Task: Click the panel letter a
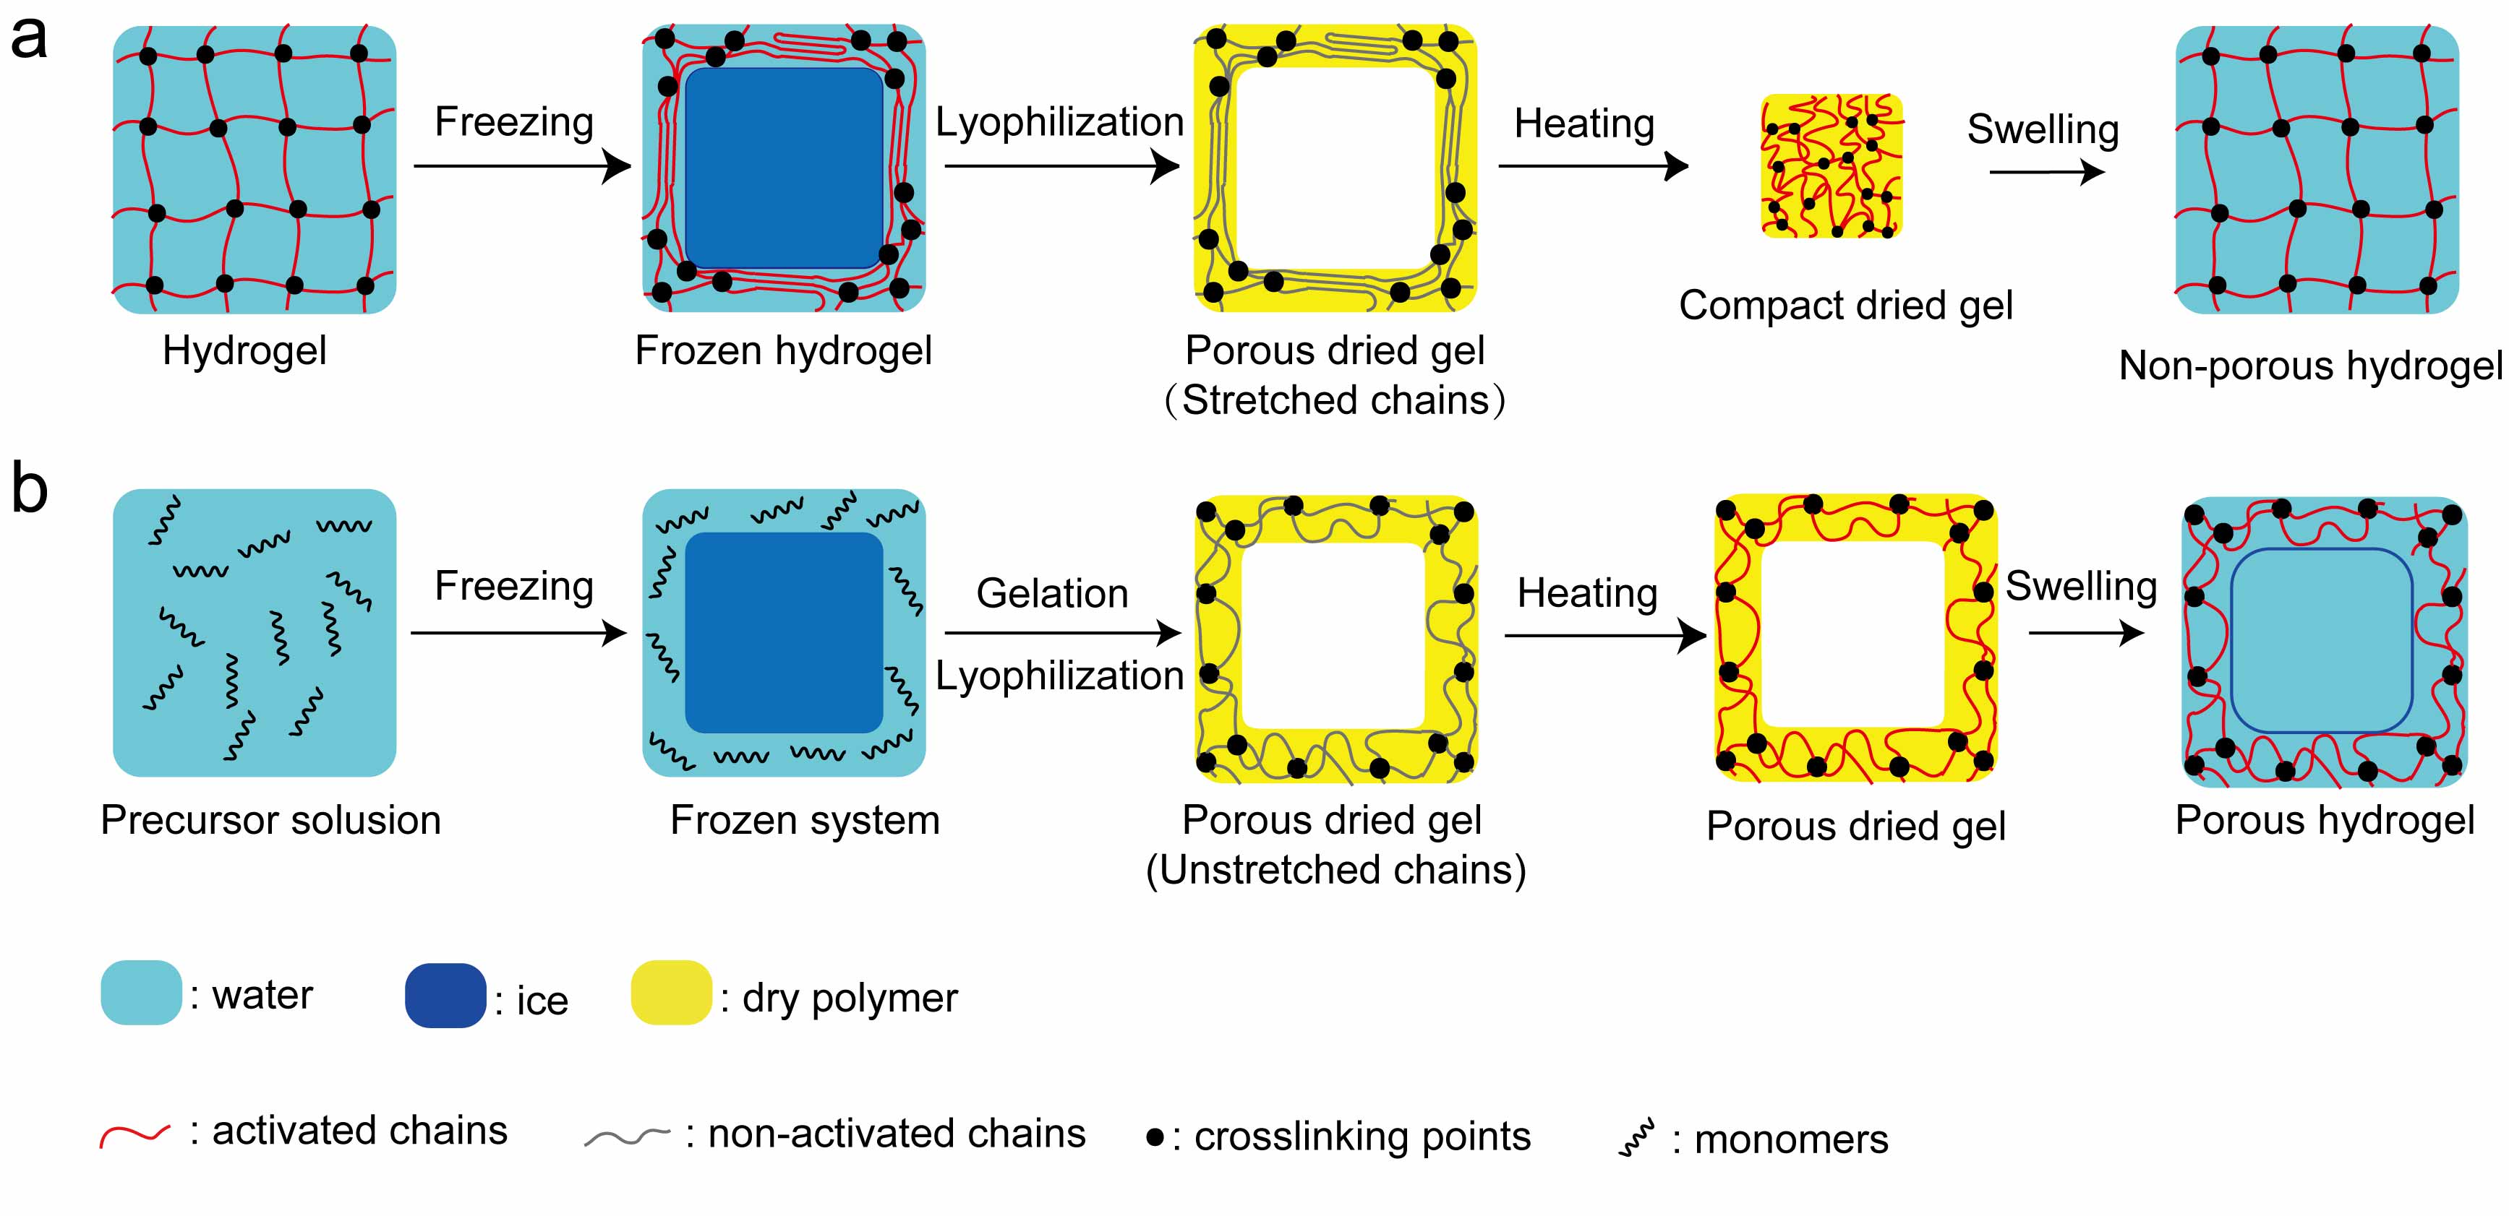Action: (x=29, y=41)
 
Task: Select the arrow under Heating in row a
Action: (x=1594, y=166)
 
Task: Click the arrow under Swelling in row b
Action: (x=2085, y=634)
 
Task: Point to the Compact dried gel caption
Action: (x=1846, y=306)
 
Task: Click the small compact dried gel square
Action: (x=1831, y=165)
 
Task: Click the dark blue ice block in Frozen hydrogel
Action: (x=784, y=168)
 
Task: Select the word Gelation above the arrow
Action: (x=1052, y=593)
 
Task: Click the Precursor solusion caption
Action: (x=270, y=821)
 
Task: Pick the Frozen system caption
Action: (x=805, y=821)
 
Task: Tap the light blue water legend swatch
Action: (x=141, y=992)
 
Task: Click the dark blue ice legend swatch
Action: (x=445, y=995)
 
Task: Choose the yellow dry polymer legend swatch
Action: (x=671, y=992)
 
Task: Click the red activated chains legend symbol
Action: (x=134, y=1135)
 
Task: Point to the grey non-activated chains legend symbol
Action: (x=626, y=1137)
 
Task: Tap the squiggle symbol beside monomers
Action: (x=1636, y=1138)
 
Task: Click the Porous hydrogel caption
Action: (x=2324, y=821)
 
